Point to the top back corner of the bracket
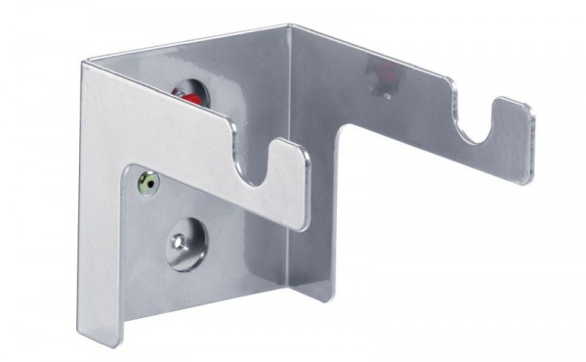[x=290, y=27]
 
